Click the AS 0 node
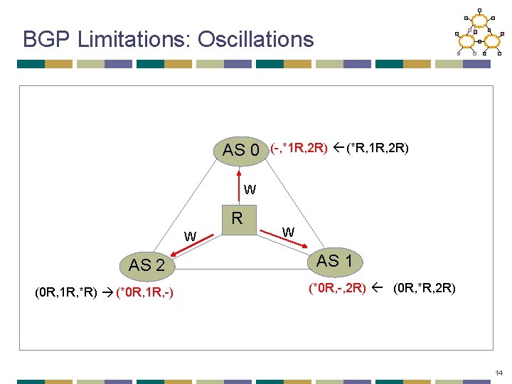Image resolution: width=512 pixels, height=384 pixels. point(241,150)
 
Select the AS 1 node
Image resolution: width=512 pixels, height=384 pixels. point(334,261)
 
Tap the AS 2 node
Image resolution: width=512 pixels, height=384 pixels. point(147,265)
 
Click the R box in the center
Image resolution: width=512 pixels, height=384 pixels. point(238,218)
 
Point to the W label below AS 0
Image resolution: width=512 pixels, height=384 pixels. point(250,190)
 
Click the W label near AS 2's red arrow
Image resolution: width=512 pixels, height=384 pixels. point(191,236)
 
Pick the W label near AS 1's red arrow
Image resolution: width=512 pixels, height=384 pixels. point(287,232)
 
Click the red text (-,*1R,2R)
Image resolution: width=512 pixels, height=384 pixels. point(299,149)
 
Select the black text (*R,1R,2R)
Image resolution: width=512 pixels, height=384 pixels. point(377,149)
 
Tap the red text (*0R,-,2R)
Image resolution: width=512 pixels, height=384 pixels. point(337,289)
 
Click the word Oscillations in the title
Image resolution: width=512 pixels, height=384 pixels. point(255,39)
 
